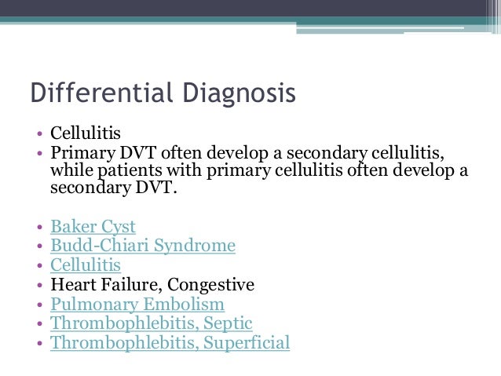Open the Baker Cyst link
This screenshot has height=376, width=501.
pyautogui.click(x=93, y=227)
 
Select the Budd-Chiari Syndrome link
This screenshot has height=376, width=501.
pyautogui.click(x=143, y=246)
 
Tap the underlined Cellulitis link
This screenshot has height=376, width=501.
pyautogui.click(x=86, y=265)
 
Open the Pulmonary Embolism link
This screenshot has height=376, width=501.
pyautogui.click(x=137, y=304)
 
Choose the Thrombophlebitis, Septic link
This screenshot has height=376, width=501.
pyautogui.click(x=152, y=323)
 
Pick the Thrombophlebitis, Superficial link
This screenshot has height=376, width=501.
pyautogui.click(x=170, y=342)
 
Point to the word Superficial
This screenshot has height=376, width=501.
pyautogui.click(x=244, y=342)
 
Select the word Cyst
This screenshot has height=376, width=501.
pyautogui.click(x=116, y=227)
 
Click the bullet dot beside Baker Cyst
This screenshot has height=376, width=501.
pyautogui.click(x=39, y=228)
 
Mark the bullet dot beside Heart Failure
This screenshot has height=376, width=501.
pyautogui.click(x=39, y=286)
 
